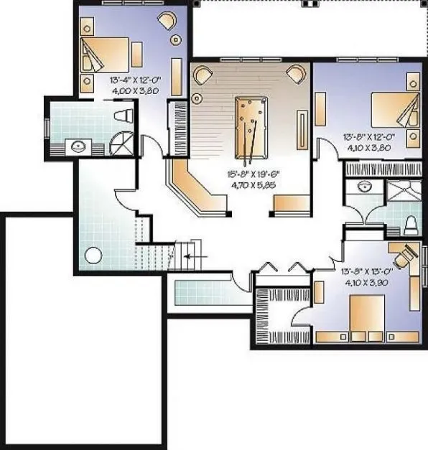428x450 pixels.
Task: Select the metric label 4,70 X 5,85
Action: click(x=251, y=184)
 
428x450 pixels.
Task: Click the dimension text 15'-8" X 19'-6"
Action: click(x=251, y=173)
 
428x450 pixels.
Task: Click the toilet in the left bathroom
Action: click(x=125, y=116)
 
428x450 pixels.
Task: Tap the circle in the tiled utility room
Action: click(x=92, y=255)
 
